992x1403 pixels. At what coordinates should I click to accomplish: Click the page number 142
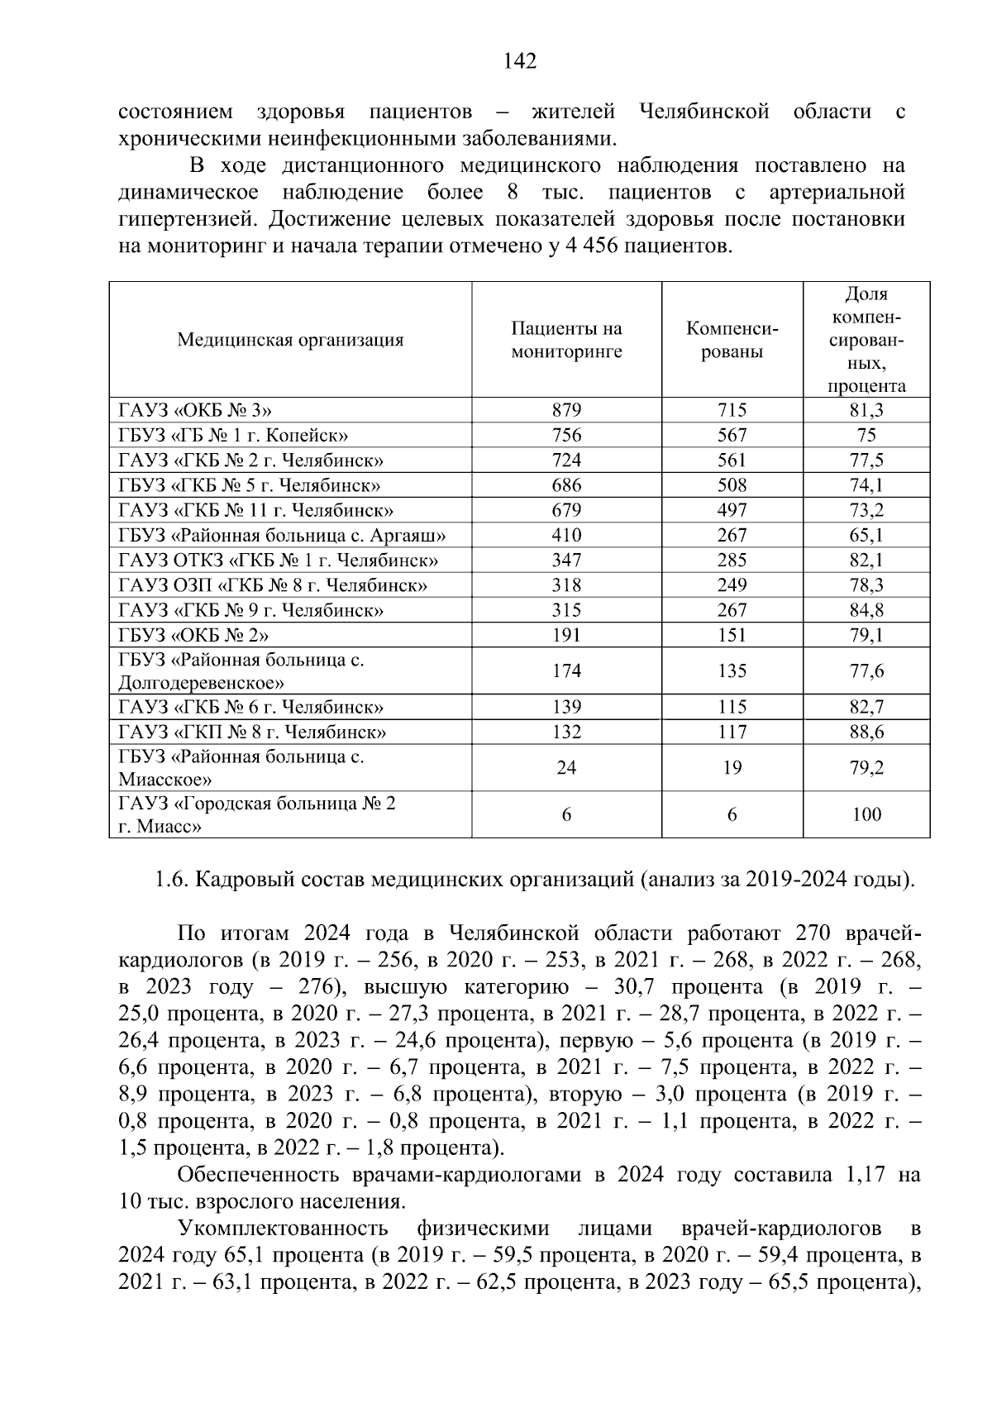coord(520,61)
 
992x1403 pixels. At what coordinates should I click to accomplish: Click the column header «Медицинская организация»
coord(290,340)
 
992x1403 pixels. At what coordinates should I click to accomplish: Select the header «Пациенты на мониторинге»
coord(566,340)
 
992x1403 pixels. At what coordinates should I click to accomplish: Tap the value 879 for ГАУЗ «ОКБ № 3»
coord(566,410)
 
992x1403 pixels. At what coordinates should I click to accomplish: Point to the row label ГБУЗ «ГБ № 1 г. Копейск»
coord(233,435)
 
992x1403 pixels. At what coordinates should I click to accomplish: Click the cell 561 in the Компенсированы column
coord(732,460)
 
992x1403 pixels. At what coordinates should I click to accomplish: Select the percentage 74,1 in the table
coord(866,485)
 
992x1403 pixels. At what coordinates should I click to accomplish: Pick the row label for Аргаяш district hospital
coord(283,535)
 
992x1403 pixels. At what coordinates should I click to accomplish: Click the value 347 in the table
coord(566,561)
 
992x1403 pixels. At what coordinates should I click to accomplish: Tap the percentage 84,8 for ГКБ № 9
coord(866,610)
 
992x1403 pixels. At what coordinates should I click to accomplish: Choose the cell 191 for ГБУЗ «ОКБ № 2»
coord(566,635)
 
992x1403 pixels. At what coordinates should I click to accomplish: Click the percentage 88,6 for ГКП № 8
coord(866,732)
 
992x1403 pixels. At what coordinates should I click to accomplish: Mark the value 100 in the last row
coord(866,814)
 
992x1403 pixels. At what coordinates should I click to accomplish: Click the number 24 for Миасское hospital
coord(566,767)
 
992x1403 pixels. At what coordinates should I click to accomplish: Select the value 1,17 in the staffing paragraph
coord(861,1175)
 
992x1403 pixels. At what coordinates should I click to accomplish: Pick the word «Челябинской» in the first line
coord(704,112)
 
